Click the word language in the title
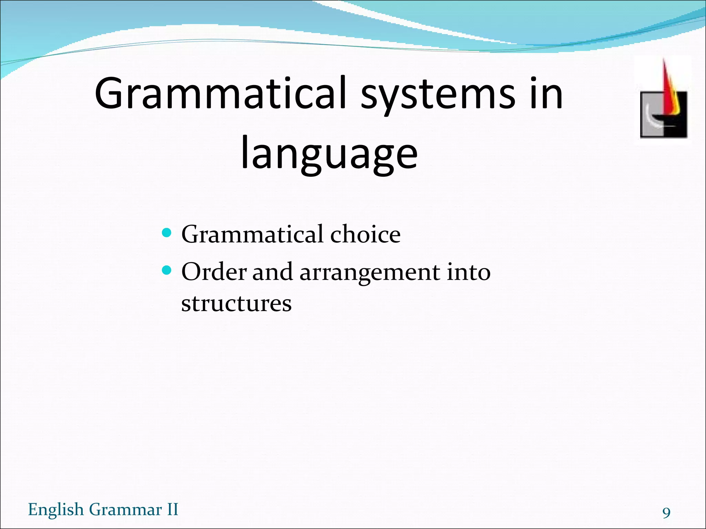[x=329, y=153]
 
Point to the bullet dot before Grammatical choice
[x=167, y=233]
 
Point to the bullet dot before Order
[x=167, y=270]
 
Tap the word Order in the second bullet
[x=214, y=272]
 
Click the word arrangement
[x=370, y=272]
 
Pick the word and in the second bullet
[x=273, y=272]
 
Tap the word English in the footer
[x=56, y=509]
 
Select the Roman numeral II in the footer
[x=172, y=509]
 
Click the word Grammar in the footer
[x=125, y=509]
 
